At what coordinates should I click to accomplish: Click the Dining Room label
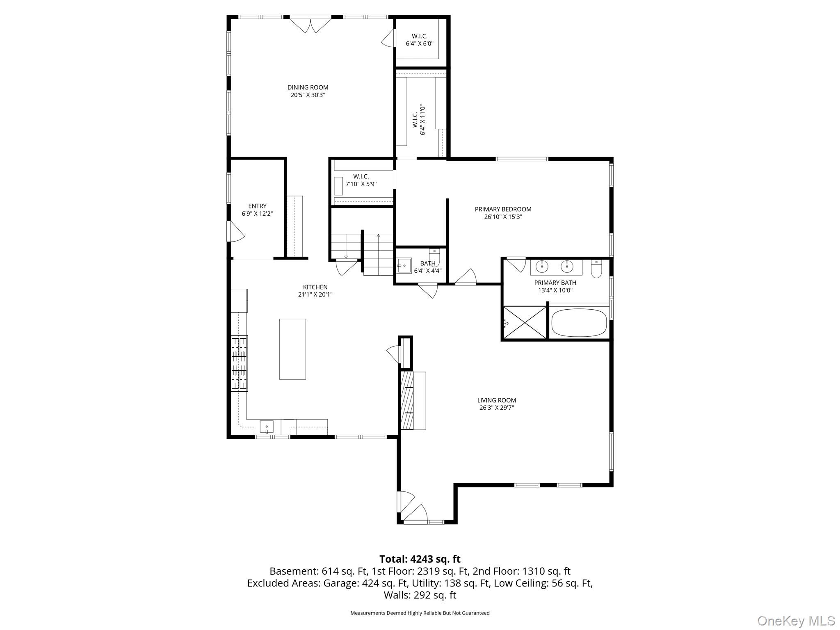click(308, 87)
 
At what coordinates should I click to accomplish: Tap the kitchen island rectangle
click(292, 349)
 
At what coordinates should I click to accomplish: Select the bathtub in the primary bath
click(579, 323)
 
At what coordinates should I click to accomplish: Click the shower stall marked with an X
click(525, 323)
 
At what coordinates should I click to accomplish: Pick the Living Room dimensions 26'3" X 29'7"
click(496, 408)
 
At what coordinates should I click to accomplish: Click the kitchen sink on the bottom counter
click(266, 427)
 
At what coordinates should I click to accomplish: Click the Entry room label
click(257, 206)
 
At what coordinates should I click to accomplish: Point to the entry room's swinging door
click(236, 232)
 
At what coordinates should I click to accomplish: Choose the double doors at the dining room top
click(310, 25)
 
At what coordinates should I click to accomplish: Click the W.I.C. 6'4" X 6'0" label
click(420, 40)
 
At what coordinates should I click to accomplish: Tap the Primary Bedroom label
click(503, 209)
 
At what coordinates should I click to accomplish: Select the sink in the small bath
click(404, 266)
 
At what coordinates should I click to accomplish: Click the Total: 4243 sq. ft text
click(420, 559)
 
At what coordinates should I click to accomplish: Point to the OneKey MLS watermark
click(796, 621)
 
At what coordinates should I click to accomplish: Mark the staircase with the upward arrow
click(378, 254)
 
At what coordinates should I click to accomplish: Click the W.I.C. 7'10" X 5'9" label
click(361, 180)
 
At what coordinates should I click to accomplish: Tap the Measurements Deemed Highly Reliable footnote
click(420, 613)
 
